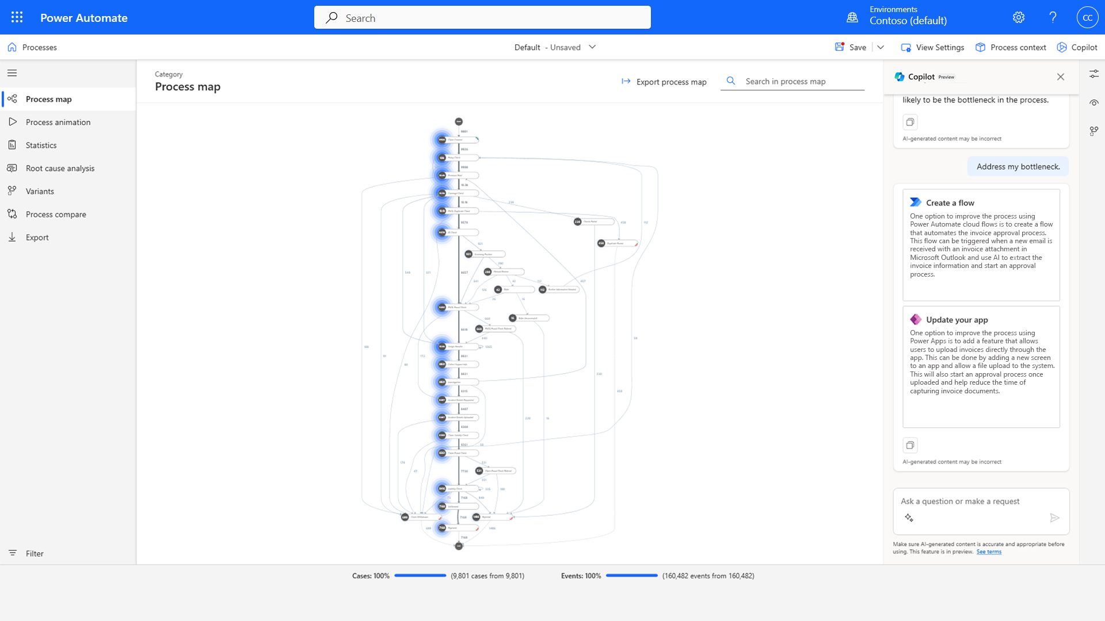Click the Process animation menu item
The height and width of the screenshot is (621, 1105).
pyautogui.click(x=58, y=122)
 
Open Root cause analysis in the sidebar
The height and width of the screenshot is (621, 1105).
pyautogui.click(x=60, y=168)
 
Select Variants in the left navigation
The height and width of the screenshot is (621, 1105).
pyautogui.click(x=40, y=191)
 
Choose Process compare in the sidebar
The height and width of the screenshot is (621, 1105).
pyautogui.click(x=56, y=214)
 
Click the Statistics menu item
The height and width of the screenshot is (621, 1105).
pyautogui.click(x=41, y=145)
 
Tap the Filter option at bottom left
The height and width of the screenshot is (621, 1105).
pyautogui.click(x=34, y=553)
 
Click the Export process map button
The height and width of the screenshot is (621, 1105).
pyautogui.click(x=664, y=82)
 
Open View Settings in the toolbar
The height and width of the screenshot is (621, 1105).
pyautogui.click(x=932, y=47)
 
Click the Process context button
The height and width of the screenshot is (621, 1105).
pyautogui.click(x=1011, y=47)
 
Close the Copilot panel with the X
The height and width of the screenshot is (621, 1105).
pyautogui.click(x=1060, y=76)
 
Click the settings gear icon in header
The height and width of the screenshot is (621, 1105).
pyautogui.click(x=1018, y=17)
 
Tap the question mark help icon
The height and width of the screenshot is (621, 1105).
pyautogui.click(x=1053, y=17)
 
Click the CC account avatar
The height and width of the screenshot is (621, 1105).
pyautogui.click(x=1087, y=17)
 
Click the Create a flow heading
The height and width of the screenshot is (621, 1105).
pyautogui.click(x=950, y=202)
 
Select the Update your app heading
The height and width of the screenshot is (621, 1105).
pyautogui.click(x=957, y=320)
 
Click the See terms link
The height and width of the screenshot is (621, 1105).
pyautogui.click(x=988, y=552)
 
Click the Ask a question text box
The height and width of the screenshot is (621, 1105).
pyautogui.click(x=973, y=501)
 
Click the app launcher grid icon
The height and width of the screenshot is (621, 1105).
pyautogui.click(x=17, y=17)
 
